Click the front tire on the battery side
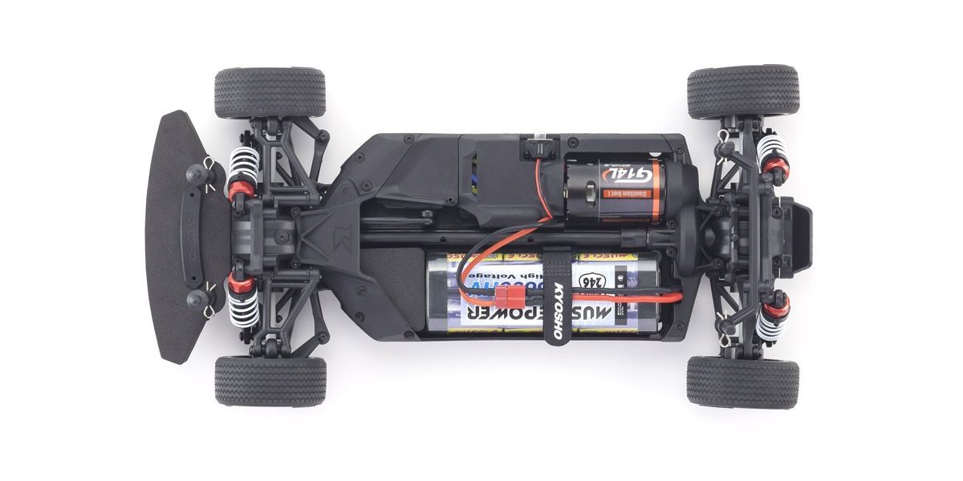(x=270, y=380)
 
